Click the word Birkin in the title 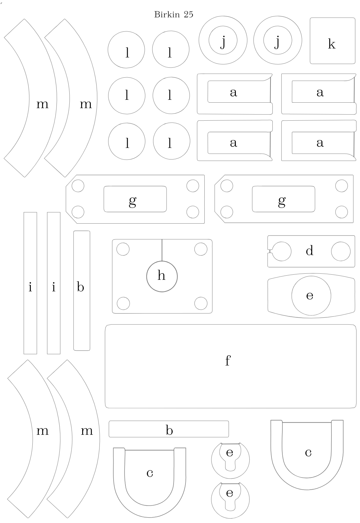tap(167, 14)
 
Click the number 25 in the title tap(188, 14)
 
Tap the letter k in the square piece tap(331, 44)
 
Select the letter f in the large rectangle tap(227, 361)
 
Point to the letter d tap(309, 250)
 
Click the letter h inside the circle tap(161, 275)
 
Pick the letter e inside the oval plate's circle tap(310, 296)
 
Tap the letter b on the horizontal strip tap(169, 430)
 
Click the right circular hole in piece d tap(341, 251)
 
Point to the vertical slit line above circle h tap(162, 250)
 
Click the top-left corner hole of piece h tap(123, 249)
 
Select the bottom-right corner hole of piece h tap(201, 303)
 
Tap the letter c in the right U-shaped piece tap(308, 453)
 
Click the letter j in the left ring tap(223, 42)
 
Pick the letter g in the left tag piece tap(133, 201)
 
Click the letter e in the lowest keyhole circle tap(229, 493)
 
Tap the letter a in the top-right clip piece tap(320, 92)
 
